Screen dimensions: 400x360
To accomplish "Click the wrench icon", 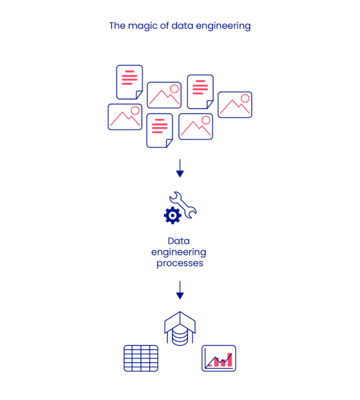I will (x=184, y=204).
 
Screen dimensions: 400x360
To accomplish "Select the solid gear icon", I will (x=172, y=214).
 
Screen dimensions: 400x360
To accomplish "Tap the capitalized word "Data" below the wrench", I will (x=179, y=241).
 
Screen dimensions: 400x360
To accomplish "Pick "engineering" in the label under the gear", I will (x=179, y=251).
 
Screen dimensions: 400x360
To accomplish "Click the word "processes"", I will (x=179, y=263).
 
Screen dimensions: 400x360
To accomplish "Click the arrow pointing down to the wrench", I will (x=180, y=168).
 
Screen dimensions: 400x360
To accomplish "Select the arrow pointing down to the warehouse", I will (x=180, y=290).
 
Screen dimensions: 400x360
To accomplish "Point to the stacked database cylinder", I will (x=180, y=336).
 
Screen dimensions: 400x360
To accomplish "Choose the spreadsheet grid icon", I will (x=141, y=358).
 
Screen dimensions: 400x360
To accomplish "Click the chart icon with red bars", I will (x=219, y=358).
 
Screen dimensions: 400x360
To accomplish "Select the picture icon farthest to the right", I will (x=235, y=105).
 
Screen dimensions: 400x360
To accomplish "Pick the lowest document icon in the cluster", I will (x=159, y=130).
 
